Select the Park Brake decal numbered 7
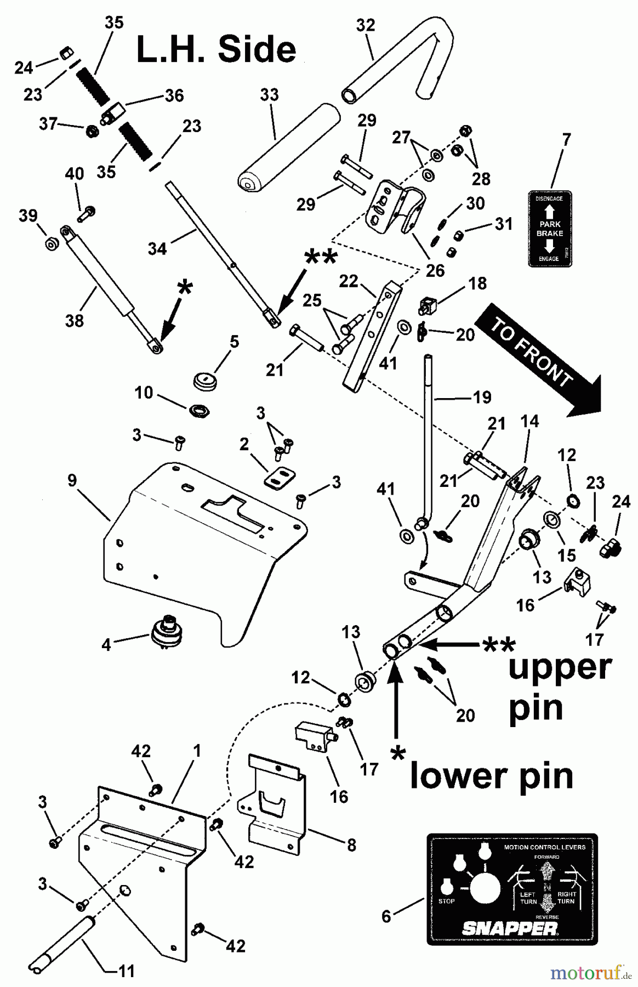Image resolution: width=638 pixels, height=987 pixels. pos(549,229)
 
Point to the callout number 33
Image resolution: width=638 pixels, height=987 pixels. pos(269,95)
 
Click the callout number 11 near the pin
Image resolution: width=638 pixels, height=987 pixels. pos(126,972)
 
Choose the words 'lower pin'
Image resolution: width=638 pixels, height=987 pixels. pos(491,776)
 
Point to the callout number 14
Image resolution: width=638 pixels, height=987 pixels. pos(529,421)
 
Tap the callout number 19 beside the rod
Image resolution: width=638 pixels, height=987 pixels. pos(482,398)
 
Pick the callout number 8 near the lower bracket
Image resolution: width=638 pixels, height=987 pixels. pos(351,845)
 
